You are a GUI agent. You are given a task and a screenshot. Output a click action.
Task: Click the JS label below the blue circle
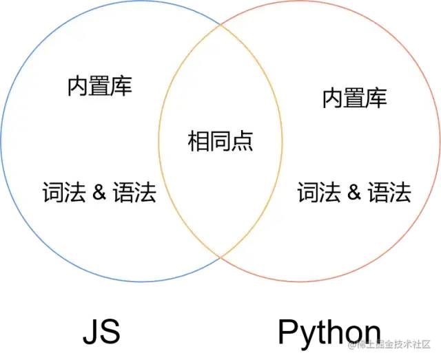(101, 331)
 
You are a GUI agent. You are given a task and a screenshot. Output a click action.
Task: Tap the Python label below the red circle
(329, 332)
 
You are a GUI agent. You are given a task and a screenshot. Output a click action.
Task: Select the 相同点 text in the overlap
(220, 142)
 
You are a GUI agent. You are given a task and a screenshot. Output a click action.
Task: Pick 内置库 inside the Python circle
(355, 98)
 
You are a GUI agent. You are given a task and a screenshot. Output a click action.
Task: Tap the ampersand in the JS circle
(99, 192)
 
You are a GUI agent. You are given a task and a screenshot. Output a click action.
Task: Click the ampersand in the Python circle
(354, 192)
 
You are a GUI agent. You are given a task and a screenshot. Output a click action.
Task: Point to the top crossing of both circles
(220, 26)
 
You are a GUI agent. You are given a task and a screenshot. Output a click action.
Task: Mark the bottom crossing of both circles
(220, 256)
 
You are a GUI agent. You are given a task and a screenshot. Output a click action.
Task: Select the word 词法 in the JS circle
(64, 192)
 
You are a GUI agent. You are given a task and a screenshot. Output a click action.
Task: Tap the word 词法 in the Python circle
(320, 192)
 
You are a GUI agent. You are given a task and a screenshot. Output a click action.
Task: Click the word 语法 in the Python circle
(389, 192)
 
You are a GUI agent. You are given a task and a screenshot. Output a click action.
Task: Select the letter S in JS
(110, 331)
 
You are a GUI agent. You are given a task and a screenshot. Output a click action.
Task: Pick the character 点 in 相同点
(243, 142)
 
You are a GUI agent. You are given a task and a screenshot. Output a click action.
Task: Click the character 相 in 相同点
(198, 142)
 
